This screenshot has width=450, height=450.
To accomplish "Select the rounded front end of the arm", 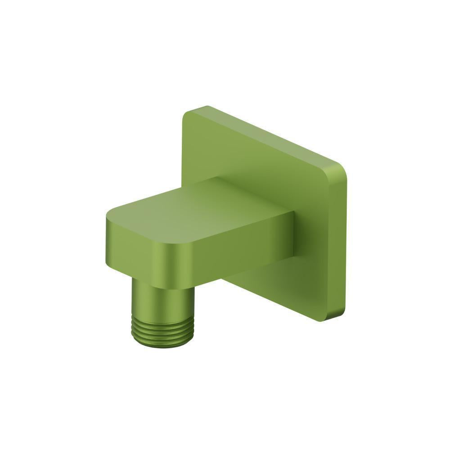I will click(135, 252).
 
